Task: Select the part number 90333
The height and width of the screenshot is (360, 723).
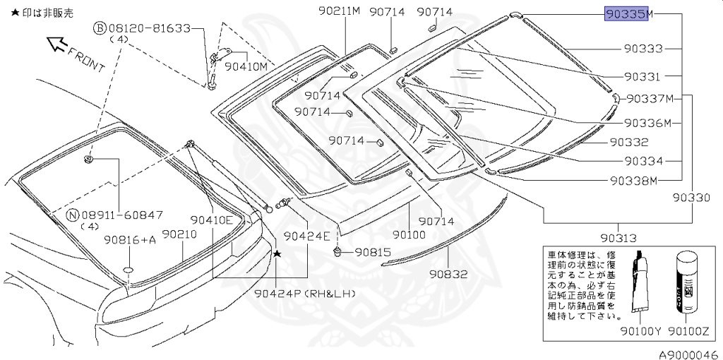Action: [643, 49]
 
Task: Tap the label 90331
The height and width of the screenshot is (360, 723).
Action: [643, 76]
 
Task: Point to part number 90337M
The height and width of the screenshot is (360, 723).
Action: [649, 98]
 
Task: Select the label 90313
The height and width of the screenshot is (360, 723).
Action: [619, 238]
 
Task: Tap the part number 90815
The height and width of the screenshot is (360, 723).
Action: [372, 251]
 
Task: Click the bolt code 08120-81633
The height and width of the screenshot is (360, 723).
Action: [149, 28]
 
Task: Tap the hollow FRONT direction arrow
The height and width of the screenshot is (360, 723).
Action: [56, 46]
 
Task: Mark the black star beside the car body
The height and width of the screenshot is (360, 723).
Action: [277, 253]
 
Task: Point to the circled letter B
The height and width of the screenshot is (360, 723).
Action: [100, 28]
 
